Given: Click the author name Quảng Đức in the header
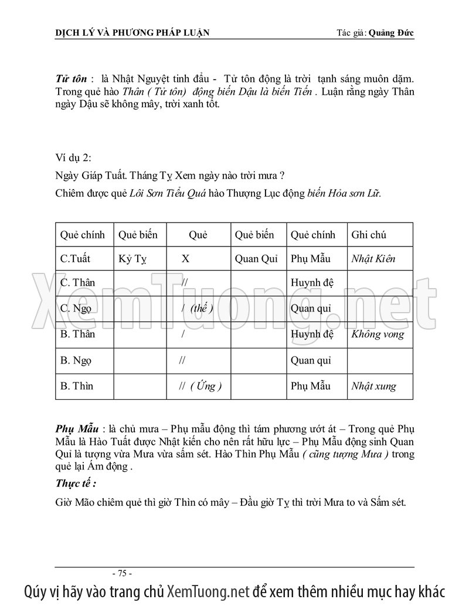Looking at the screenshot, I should pyautogui.click(x=391, y=33).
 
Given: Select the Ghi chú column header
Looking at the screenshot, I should pyautogui.click(x=368, y=235).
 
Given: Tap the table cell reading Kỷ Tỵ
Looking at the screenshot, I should pyautogui.click(x=132, y=259).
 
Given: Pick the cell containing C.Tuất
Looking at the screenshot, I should pyautogui.click(x=75, y=259).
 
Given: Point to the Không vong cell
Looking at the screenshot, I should pyautogui.click(x=378, y=334).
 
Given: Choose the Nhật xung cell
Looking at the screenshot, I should pyautogui.click(x=373, y=386).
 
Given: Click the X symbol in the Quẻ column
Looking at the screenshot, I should pyautogui.click(x=185, y=259).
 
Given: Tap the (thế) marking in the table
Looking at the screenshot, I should pyautogui.click(x=201, y=309).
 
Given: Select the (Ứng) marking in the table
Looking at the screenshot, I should pyautogui.click(x=206, y=386).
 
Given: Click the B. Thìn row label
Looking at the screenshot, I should pyautogui.click(x=76, y=386).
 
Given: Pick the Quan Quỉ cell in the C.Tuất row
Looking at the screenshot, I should pyautogui.click(x=256, y=259).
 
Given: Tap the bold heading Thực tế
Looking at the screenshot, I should pyautogui.click(x=76, y=484).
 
